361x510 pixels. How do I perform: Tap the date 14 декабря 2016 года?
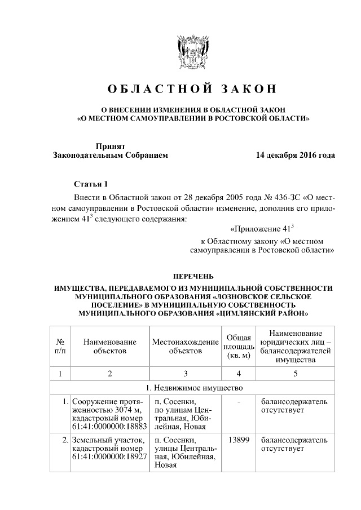tap(295, 155)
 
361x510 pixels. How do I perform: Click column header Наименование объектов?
tap(110, 346)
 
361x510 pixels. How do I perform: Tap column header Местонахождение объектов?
tap(185, 346)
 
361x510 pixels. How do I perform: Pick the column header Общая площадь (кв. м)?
tap(239, 346)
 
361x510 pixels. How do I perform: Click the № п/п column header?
tap(59, 346)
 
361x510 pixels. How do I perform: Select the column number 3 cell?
tap(185, 373)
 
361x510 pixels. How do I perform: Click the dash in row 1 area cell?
tap(239, 402)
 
